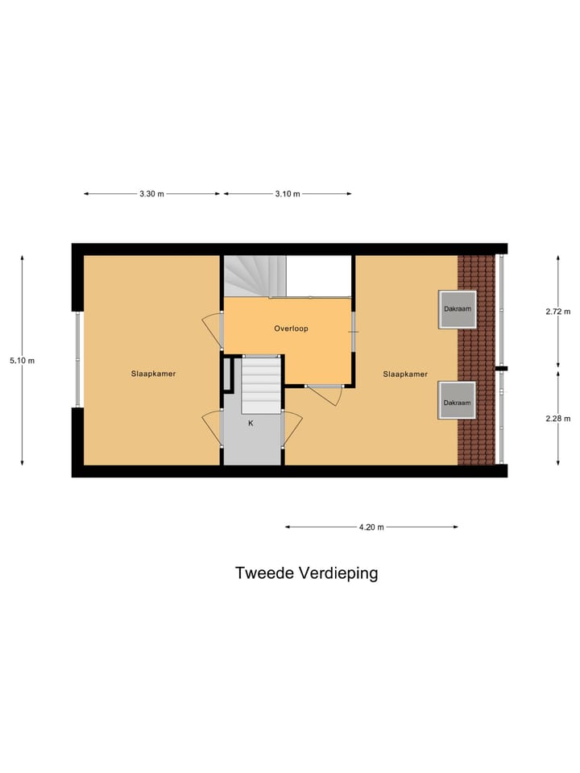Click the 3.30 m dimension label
(x=151, y=194)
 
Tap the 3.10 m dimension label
(x=287, y=194)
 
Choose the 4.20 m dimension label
(x=371, y=527)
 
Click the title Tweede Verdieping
(x=306, y=573)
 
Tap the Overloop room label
(x=291, y=329)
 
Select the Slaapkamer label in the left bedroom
(x=154, y=374)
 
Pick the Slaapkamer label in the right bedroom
(x=405, y=374)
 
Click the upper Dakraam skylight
(x=457, y=309)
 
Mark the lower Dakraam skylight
(x=457, y=401)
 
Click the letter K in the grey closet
(x=251, y=423)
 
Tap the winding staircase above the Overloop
(x=254, y=276)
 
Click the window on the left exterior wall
(x=78, y=359)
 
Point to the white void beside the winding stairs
(x=319, y=276)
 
